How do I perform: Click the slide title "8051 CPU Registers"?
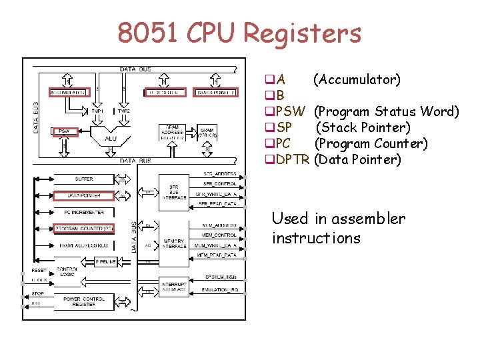coord(239,33)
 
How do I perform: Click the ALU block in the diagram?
coord(111,139)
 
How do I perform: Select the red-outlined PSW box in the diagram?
coord(65,131)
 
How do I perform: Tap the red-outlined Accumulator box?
coord(69,92)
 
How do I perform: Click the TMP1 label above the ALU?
coord(97,111)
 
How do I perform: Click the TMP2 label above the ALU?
coord(124,111)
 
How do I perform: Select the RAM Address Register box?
coord(172,133)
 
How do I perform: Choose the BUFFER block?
coord(84,179)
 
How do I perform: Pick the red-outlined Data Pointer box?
coord(84,195)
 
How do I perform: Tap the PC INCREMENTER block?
coord(84,212)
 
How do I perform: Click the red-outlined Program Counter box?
coord(84,229)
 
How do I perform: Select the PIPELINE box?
coord(106,261)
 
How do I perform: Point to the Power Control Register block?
coord(84,302)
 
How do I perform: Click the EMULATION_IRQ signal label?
coord(219,290)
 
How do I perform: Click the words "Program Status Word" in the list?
coord(386,111)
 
